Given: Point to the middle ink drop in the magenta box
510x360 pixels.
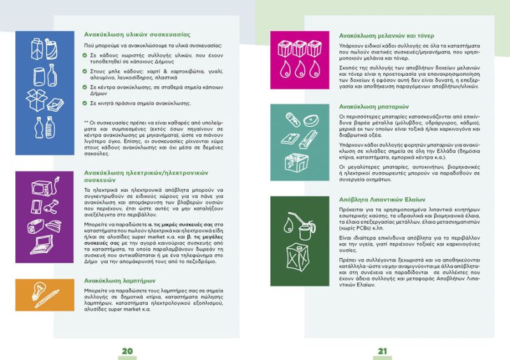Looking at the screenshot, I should [298, 68].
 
